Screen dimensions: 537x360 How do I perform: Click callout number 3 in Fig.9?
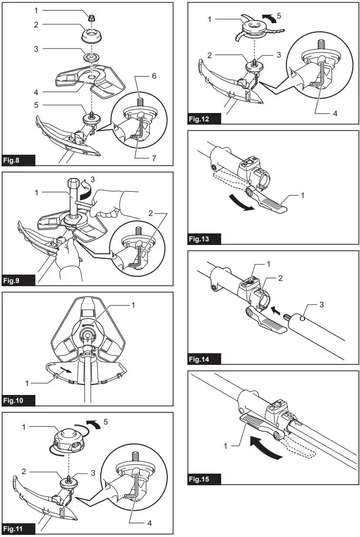(x=93, y=180)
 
